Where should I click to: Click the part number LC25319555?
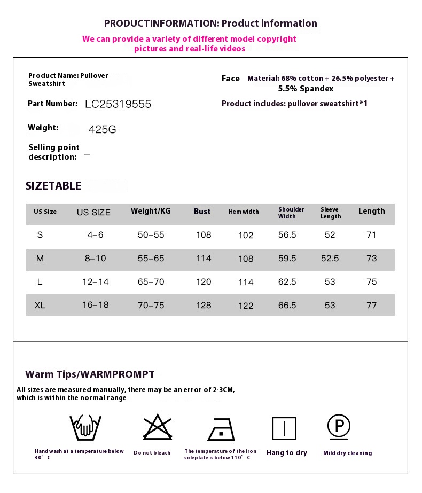[118, 104]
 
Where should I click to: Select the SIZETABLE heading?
[53, 186]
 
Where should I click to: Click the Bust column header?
[202, 212]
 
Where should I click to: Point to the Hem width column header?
[244, 212]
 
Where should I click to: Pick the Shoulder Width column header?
[291, 213]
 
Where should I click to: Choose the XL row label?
[40, 306]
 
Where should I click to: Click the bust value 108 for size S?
[204, 235]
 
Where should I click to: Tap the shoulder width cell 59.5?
[287, 259]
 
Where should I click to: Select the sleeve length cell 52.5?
[330, 259]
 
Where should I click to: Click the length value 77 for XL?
[372, 306]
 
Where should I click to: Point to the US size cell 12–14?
[96, 282]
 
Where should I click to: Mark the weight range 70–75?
[151, 306]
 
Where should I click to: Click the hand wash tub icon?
[85, 427]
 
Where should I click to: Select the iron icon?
[221, 428]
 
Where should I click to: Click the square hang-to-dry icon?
[284, 428]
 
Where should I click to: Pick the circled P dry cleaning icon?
[339, 426]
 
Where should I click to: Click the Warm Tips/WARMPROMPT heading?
[90, 374]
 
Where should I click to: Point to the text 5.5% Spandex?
[306, 89]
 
